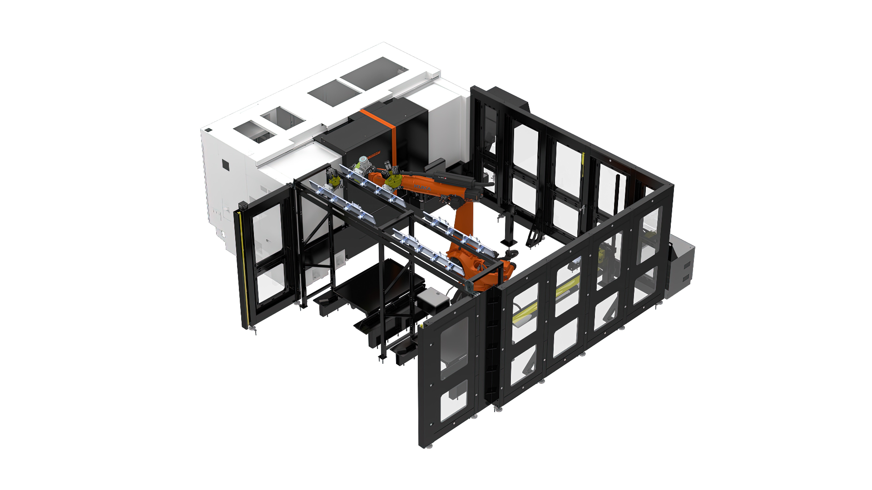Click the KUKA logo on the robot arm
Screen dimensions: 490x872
tap(423, 187)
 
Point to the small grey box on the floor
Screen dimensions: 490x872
tap(432, 300)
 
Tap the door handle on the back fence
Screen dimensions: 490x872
tap(583, 208)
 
